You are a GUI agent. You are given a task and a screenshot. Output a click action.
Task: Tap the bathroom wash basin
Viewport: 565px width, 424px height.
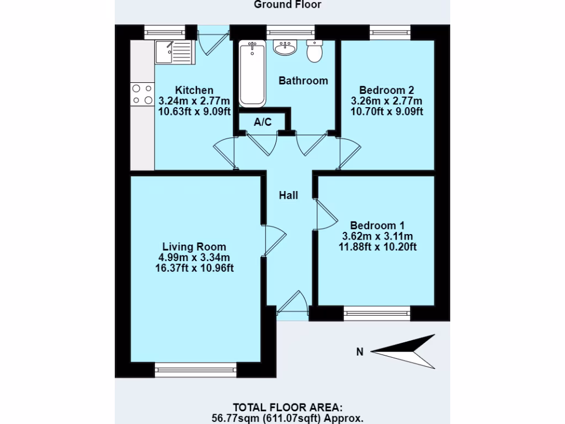(x=285, y=49)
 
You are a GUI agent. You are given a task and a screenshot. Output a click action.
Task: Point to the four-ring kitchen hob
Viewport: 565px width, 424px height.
(x=142, y=94)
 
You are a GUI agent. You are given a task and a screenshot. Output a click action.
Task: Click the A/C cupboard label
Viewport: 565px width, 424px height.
(x=263, y=122)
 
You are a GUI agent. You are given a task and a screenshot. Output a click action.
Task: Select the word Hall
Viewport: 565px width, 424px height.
(x=288, y=195)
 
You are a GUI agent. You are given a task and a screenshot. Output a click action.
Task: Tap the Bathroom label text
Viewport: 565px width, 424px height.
(x=303, y=81)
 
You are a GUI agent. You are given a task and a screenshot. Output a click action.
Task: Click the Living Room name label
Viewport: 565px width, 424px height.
(x=194, y=247)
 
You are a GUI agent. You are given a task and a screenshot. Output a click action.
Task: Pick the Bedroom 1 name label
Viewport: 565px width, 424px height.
(x=377, y=225)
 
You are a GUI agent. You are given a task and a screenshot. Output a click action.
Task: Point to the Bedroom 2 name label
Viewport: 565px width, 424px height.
(x=386, y=90)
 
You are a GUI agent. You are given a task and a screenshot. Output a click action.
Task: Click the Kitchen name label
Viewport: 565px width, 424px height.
(x=194, y=91)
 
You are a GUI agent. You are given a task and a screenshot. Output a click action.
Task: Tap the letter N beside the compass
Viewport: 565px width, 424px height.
(x=360, y=352)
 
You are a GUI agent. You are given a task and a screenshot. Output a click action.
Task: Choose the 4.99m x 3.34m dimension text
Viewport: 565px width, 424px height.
(x=194, y=257)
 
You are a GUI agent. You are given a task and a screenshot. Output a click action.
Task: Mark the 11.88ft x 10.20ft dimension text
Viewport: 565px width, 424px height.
(x=377, y=247)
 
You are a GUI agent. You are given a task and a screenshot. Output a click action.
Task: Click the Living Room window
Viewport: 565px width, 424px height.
(x=196, y=370)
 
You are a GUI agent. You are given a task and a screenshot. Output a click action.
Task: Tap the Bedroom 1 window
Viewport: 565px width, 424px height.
(x=377, y=313)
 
